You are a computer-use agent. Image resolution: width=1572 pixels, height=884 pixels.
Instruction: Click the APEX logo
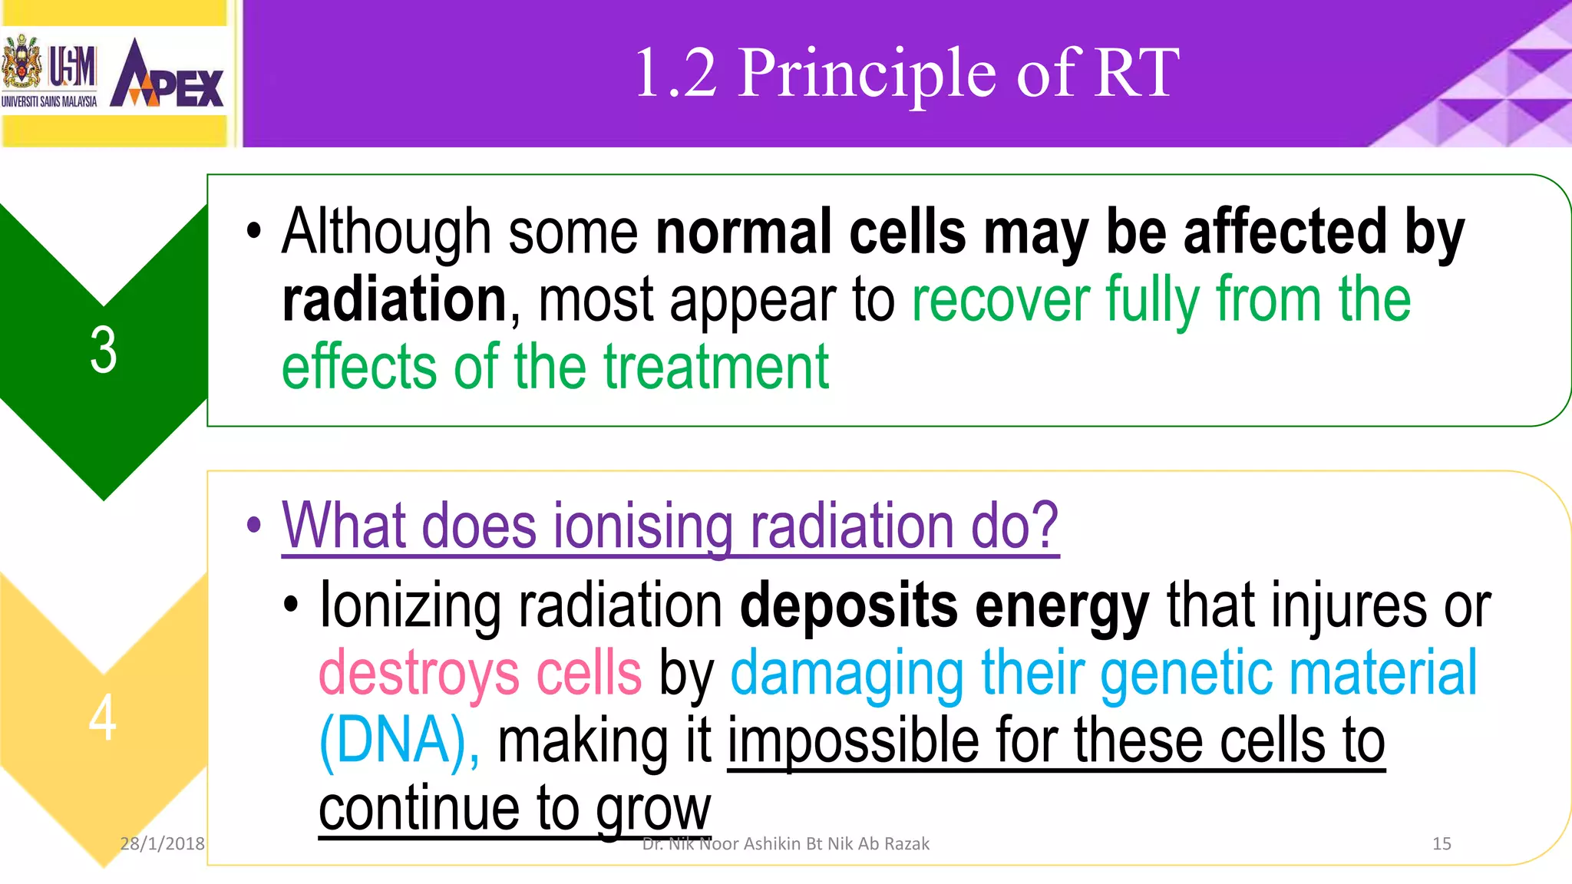click(x=167, y=75)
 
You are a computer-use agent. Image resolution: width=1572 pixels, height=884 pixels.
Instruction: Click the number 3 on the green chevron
click(x=104, y=351)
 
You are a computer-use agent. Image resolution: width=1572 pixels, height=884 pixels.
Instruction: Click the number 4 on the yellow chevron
click(x=103, y=717)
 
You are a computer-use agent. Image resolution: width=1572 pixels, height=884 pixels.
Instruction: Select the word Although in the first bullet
click(x=386, y=232)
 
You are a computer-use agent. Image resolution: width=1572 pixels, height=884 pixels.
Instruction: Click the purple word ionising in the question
click(x=643, y=526)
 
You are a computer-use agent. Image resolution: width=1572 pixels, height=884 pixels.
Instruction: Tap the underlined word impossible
click(x=852, y=741)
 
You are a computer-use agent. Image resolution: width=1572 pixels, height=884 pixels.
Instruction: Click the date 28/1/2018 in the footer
click(x=162, y=843)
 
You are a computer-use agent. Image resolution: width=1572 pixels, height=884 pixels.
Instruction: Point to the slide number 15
click(x=1442, y=843)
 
